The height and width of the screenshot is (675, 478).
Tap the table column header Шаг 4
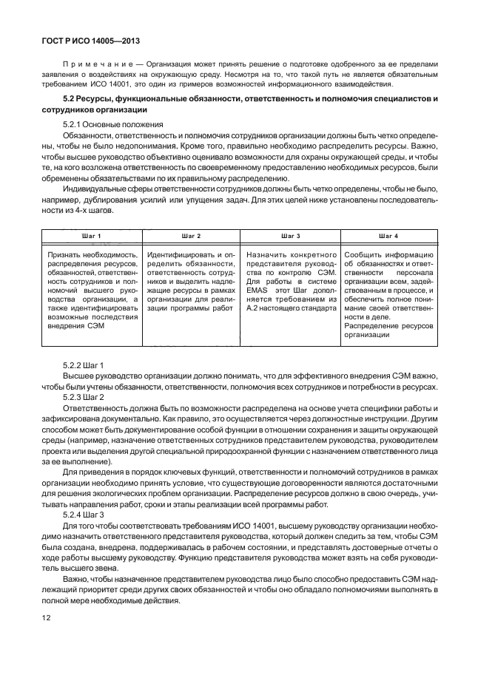(x=388, y=235)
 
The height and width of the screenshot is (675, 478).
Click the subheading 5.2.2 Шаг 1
(x=84, y=365)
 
